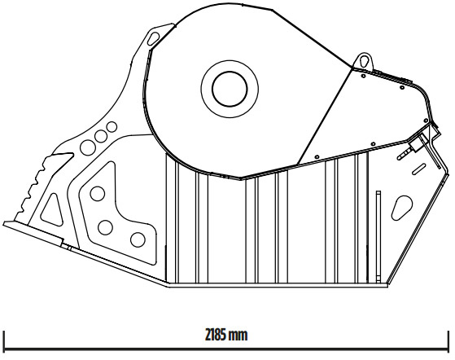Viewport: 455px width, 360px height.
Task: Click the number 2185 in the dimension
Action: [x=216, y=335]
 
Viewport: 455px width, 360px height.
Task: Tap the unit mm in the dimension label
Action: [x=238, y=336]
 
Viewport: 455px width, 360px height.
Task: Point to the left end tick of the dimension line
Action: [x=4, y=340]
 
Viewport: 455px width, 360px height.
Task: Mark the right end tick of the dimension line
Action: [x=448, y=340]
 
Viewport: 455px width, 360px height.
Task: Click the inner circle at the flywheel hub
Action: [x=230, y=72]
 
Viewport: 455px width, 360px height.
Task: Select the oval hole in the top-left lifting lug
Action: [x=154, y=38]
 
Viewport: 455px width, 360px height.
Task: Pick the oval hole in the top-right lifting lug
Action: [x=364, y=60]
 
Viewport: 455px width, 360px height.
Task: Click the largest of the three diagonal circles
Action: [x=88, y=147]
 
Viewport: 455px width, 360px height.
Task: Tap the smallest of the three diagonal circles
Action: [x=112, y=127]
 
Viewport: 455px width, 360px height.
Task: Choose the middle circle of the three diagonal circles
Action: [x=101, y=136]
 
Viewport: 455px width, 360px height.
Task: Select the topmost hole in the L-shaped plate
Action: [x=98, y=194]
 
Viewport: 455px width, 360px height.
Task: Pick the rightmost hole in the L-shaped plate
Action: [x=138, y=239]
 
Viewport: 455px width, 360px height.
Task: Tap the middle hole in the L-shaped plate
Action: [x=105, y=227]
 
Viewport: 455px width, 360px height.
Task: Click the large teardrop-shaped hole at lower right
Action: [x=402, y=208]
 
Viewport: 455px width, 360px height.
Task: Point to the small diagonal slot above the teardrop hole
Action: [x=419, y=169]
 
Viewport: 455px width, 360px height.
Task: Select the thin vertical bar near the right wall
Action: [x=378, y=237]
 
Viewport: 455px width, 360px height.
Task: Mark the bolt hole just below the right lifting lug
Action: [x=363, y=76]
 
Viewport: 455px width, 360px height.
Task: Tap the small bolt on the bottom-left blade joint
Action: [x=69, y=248]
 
